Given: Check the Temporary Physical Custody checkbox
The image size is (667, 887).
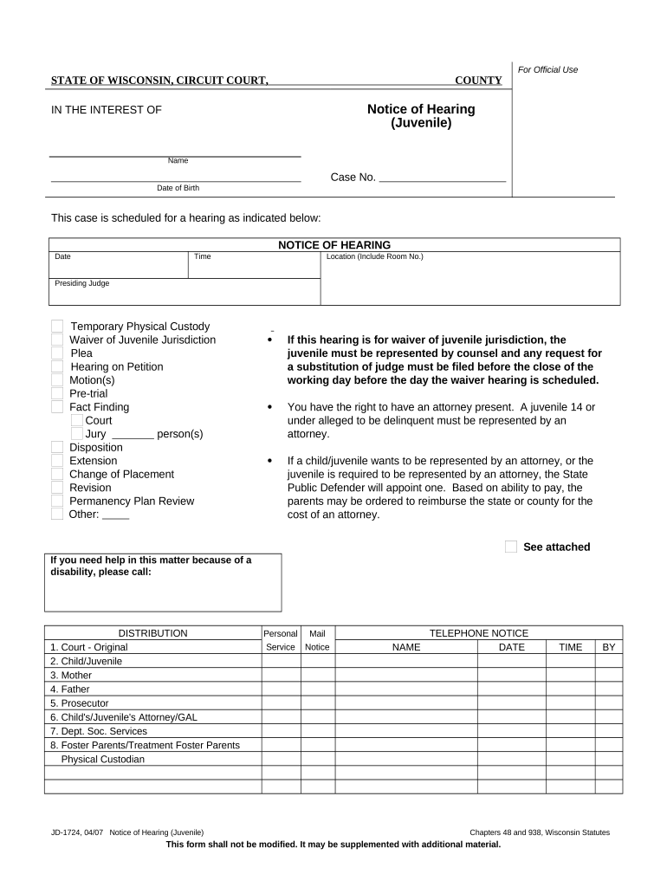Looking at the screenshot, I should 57,327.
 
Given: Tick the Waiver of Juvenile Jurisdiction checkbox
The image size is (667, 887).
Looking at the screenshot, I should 57,340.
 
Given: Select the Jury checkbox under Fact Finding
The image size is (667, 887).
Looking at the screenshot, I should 77,434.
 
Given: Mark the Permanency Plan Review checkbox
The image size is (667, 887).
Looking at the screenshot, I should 57,501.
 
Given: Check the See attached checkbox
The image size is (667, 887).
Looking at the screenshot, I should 511,547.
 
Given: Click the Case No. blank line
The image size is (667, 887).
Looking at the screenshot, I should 443,178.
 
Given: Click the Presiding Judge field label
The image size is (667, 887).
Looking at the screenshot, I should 82,283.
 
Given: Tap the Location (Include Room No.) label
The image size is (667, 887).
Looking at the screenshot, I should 374,256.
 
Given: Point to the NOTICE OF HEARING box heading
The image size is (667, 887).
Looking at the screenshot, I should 334,245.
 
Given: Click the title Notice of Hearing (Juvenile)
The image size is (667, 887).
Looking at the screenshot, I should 421,116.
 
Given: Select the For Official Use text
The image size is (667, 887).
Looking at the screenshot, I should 547,69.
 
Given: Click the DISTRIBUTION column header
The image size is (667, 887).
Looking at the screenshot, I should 152,633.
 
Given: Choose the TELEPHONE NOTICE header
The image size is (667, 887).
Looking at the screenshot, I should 478,633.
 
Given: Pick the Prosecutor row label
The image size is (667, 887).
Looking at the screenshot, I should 80,703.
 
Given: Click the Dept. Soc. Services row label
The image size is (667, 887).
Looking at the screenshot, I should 99,731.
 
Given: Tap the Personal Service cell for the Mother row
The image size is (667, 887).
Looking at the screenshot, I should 280,675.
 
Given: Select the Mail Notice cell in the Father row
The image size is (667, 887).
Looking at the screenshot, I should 317,690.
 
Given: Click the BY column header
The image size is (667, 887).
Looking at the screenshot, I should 609,647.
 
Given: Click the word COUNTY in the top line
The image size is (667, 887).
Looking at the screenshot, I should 479,81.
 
